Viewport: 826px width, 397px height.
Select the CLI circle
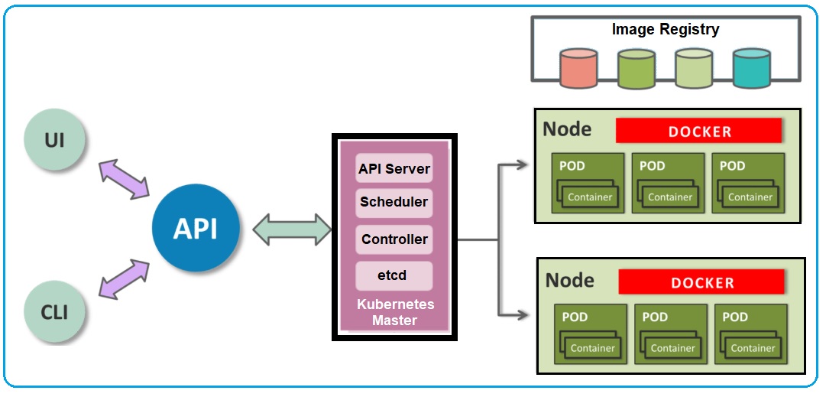pyautogui.click(x=54, y=312)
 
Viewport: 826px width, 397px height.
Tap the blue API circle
pyautogui.click(x=196, y=228)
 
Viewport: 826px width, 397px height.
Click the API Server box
pyautogui.click(x=394, y=168)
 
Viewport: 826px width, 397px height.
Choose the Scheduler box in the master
pyautogui.click(x=394, y=203)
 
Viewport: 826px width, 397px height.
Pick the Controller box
pyautogui.click(x=394, y=239)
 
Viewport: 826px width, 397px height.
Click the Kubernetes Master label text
pyautogui.click(x=395, y=312)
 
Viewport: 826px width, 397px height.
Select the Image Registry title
pyautogui.click(x=665, y=30)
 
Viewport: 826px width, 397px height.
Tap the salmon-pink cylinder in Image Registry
pyautogui.click(x=578, y=68)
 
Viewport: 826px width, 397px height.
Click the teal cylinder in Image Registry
pyautogui.click(x=751, y=68)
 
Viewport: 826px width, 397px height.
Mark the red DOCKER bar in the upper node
pyautogui.click(x=698, y=131)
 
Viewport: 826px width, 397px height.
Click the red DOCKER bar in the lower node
pyautogui.click(x=701, y=282)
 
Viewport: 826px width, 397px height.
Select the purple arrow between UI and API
pyautogui.click(x=124, y=180)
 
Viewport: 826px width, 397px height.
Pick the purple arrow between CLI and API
pyautogui.click(x=125, y=277)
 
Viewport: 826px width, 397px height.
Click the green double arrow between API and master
pyautogui.click(x=291, y=229)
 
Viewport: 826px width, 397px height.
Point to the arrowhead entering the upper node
pyautogui.click(x=522, y=164)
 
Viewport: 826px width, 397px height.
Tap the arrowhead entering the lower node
pyautogui.click(x=522, y=314)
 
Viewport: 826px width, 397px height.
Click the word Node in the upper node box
pyautogui.click(x=567, y=129)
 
